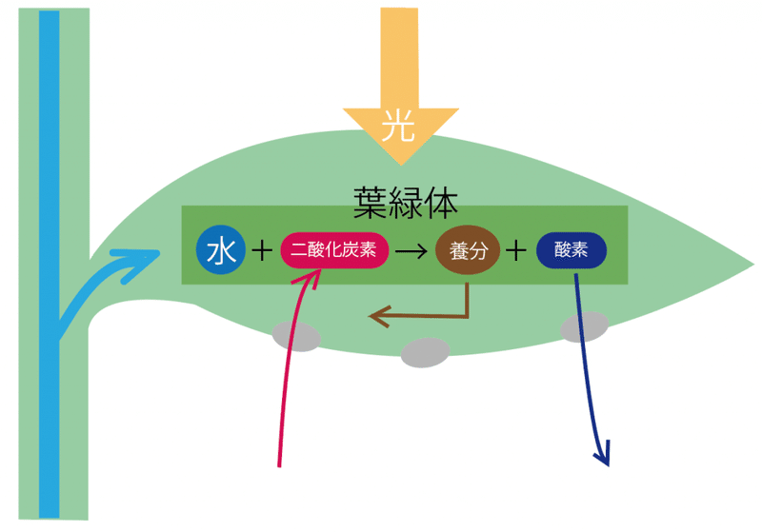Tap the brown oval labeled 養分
pyautogui.click(x=468, y=251)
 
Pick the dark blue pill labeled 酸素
pyautogui.click(x=571, y=251)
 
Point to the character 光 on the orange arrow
pyautogui.click(x=399, y=125)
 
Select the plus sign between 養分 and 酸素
pyautogui.click(x=515, y=251)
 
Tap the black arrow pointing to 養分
pyautogui.click(x=411, y=252)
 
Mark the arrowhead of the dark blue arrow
pyautogui.click(x=602, y=459)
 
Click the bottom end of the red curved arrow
pyautogui.click(x=280, y=465)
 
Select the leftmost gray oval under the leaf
pyautogui.click(x=297, y=336)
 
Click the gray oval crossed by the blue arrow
pyautogui.click(x=584, y=326)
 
